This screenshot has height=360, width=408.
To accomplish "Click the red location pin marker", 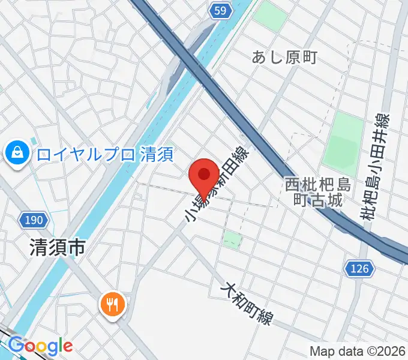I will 203,175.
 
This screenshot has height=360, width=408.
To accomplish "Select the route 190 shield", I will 34,220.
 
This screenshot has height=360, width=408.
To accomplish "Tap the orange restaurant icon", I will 112,305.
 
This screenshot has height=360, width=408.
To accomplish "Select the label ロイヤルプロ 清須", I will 104,155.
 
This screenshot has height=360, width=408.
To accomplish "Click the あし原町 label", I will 284,58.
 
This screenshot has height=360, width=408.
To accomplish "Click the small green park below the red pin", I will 232,239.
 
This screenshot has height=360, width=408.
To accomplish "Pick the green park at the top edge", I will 270,15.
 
